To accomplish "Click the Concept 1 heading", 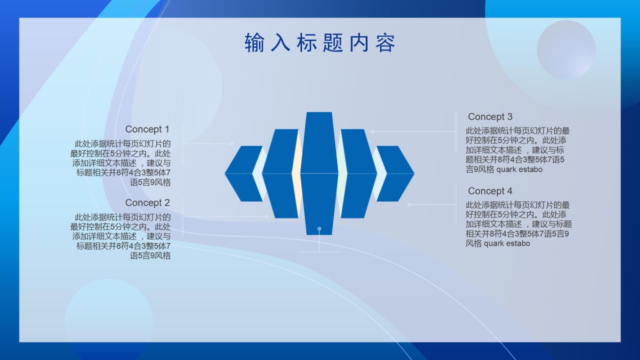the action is coord(147,129).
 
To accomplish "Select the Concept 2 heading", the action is coord(147,202).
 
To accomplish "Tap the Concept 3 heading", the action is coord(490,116).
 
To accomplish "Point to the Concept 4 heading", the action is coord(490,190).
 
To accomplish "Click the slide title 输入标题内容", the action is coord(320,43).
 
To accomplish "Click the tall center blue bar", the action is coord(319,173).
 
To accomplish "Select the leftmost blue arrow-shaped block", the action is coord(243,173).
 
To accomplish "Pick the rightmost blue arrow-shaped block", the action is coord(395,173).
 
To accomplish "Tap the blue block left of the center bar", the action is coord(280,173).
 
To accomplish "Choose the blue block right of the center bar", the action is coord(359,173).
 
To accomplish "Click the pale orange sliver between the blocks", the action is coord(297,173).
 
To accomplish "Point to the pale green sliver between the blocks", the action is coord(342,173).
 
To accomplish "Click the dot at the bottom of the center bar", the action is coord(319,229).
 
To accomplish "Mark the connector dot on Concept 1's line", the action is coord(231,143).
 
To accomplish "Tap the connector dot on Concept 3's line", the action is coord(372,131).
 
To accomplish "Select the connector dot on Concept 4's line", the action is coord(409,204).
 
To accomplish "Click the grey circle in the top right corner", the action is coord(566,49).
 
